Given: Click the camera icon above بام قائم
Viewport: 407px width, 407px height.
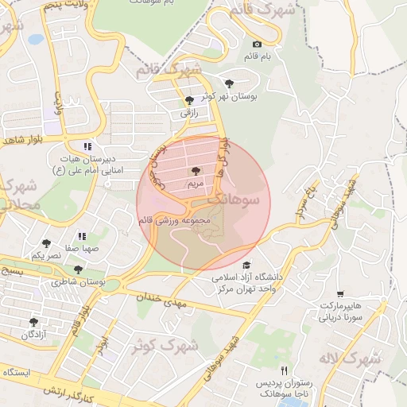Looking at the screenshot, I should click(x=256, y=45).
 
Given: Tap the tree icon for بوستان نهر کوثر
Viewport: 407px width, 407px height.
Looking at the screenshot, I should click(x=229, y=83).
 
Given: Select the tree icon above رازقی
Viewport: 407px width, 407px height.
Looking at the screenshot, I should click(x=188, y=100).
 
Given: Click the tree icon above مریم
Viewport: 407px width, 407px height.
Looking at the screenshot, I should click(x=196, y=170).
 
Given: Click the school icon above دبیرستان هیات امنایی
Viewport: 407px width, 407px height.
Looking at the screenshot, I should click(x=87, y=146).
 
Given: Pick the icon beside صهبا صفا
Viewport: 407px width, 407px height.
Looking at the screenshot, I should click(x=81, y=235).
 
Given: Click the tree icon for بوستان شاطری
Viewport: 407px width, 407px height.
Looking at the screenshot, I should click(x=78, y=269).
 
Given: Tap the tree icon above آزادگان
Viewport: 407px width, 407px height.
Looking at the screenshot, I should click(x=33, y=322).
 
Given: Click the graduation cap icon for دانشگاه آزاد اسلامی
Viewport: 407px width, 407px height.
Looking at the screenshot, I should click(x=246, y=266).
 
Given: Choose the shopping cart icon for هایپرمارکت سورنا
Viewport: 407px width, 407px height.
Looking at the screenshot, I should click(x=341, y=294).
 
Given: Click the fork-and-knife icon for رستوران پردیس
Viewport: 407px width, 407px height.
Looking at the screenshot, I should click(x=285, y=371).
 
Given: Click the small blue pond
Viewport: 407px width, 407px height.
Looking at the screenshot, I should click(x=35, y=39).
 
